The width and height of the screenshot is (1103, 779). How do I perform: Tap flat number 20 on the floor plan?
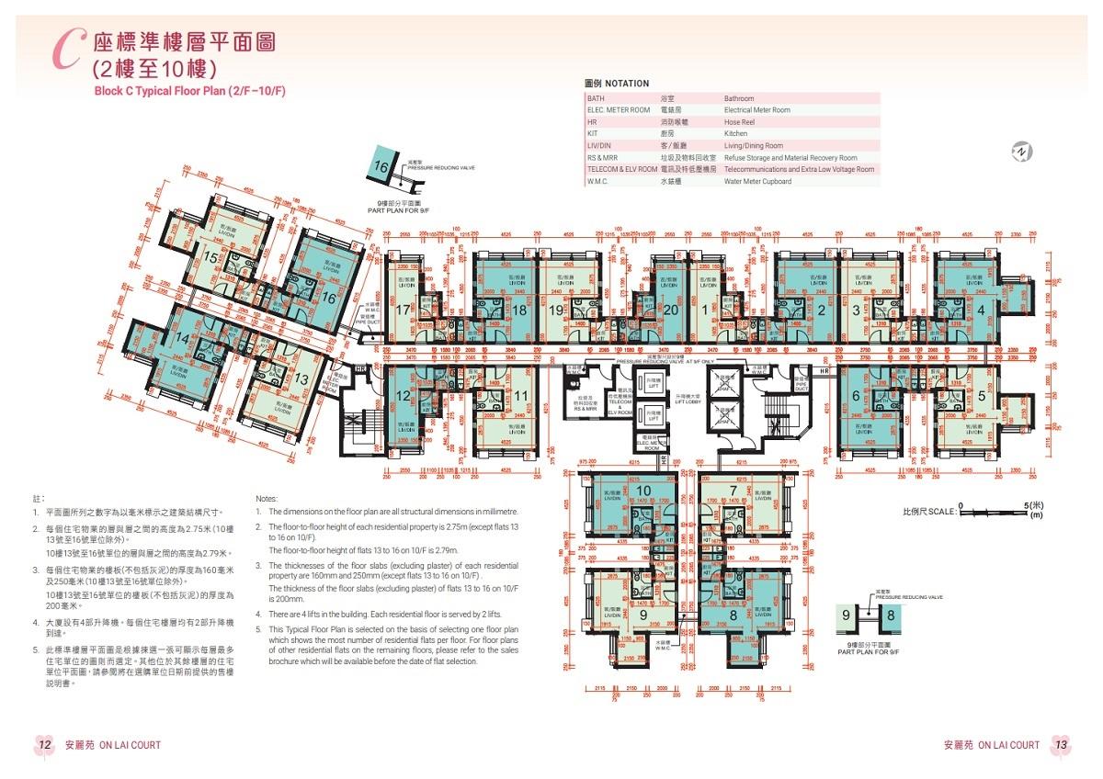(671, 310)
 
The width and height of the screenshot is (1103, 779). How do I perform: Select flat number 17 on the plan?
(402, 310)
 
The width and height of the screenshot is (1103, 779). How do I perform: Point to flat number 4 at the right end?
(982, 310)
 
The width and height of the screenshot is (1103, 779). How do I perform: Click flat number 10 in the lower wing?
(643, 491)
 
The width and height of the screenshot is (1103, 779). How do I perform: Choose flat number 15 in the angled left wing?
(210, 260)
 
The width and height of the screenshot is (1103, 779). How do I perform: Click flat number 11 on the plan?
(520, 397)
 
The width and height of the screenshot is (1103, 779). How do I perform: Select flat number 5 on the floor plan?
(982, 397)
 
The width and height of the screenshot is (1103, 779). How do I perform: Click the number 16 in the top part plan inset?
(381, 167)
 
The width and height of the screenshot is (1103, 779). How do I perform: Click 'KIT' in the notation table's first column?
(593, 134)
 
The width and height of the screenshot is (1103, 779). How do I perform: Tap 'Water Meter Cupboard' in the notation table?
(757, 182)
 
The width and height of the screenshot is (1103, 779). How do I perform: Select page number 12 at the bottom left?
(44, 745)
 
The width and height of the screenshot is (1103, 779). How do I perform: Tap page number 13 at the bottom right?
(1060, 745)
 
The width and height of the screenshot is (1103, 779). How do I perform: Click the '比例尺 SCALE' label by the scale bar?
(928, 511)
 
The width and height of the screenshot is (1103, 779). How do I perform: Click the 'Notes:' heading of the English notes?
(266, 497)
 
